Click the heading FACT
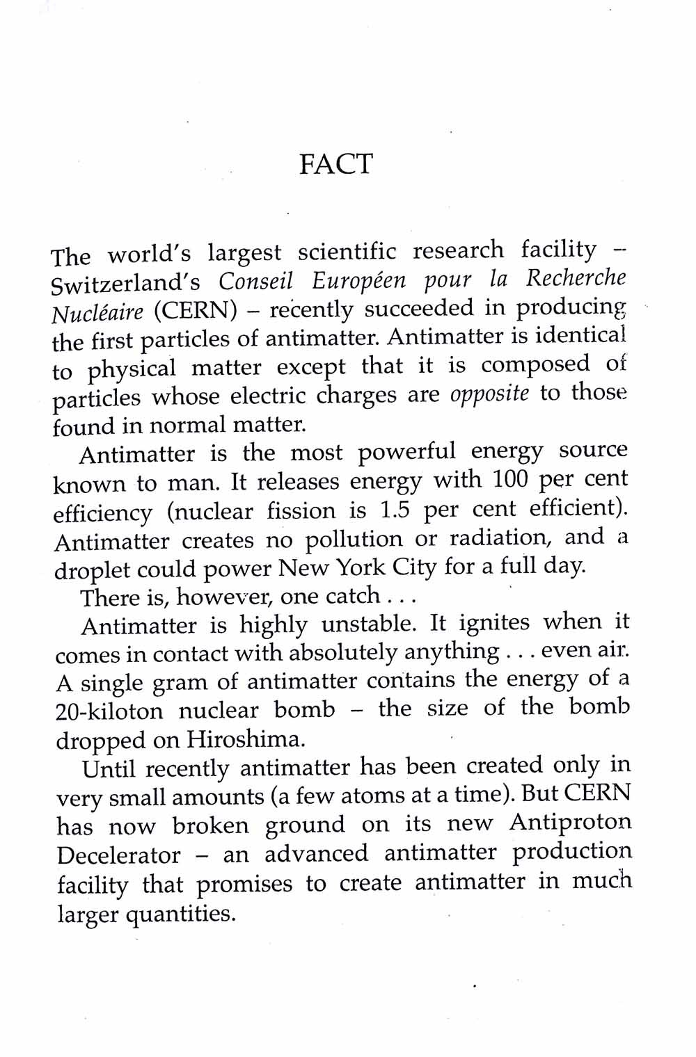336,164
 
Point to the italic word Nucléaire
97,313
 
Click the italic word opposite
489,394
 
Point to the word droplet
92,570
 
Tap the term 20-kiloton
109,711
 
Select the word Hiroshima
246,739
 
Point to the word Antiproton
570,822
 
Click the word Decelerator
118,855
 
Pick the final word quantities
181,914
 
